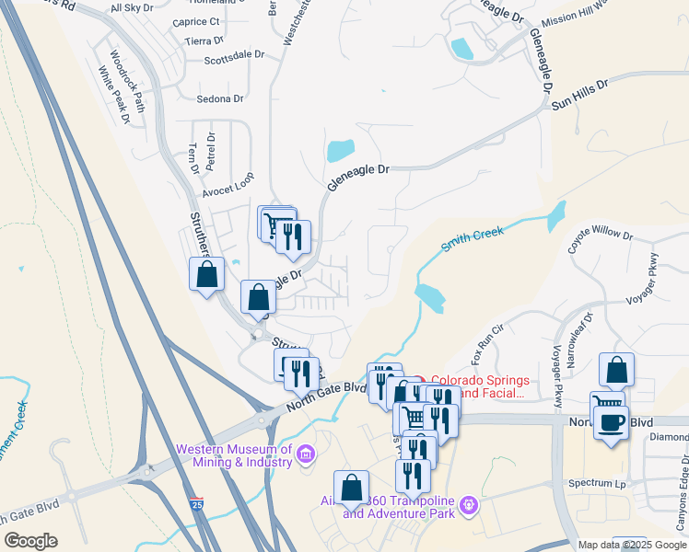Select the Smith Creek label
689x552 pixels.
click(473, 240)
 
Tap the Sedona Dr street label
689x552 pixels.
click(220, 98)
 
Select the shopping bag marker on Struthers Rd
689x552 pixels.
click(206, 274)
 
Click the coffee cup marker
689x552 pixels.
click(611, 423)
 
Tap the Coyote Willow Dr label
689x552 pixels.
click(601, 234)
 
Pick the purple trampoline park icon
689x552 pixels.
click(471, 504)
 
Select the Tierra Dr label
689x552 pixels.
click(204, 40)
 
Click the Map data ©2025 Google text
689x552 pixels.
click(632, 545)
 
